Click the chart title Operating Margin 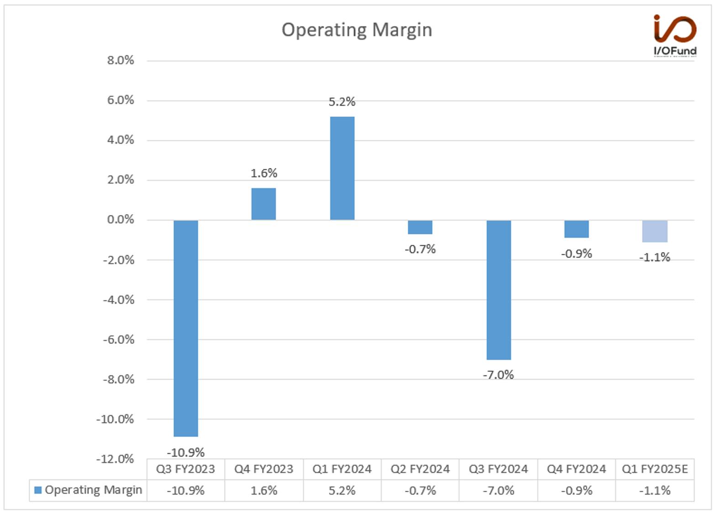click(357, 31)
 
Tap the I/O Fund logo click(675, 35)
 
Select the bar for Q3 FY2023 click(186, 328)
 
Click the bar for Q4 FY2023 click(264, 204)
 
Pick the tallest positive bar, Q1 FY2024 click(342, 168)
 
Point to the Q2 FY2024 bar click(420, 227)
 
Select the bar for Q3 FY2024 click(499, 290)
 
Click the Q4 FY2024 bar click(577, 229)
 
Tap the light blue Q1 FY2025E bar click(655, 231)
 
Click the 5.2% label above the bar click(342, 102)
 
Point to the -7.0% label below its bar click(498, 375)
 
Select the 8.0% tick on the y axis click(121, 60)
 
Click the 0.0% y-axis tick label click(121, 220)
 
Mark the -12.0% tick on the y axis click(115, 459)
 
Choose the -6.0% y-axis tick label click(118, 340)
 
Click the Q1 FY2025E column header click(655, 469)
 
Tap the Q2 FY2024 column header click(420, 469)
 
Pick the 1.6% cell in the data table click(264, 490)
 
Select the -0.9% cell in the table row click(577, 490)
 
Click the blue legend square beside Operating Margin click(38, 490)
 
